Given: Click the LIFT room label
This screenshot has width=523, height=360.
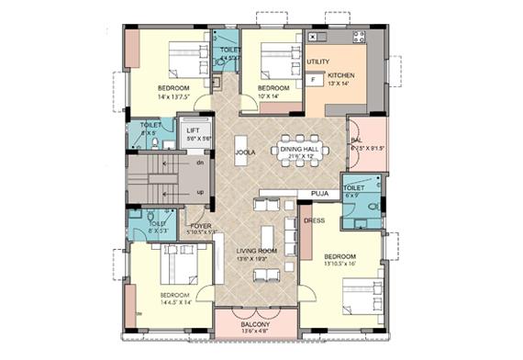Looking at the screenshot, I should tap(194, 130).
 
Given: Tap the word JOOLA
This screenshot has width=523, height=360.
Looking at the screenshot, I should tap(244, 152).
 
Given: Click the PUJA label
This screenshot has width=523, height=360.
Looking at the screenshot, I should tap(320, 195).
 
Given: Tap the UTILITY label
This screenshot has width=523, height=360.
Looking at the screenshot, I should tap(317, 62).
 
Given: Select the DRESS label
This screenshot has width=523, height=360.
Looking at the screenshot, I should tap(314, 220).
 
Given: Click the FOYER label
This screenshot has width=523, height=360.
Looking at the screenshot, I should tap(202, 225).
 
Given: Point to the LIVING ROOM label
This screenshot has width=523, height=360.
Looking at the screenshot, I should tap(256, 250).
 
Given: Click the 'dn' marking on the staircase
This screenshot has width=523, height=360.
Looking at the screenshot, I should tap(201, 162).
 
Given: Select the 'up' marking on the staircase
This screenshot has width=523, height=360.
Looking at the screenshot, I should tap(201, 192).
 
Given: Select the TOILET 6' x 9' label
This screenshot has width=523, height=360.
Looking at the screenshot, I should tap(354, 187).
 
